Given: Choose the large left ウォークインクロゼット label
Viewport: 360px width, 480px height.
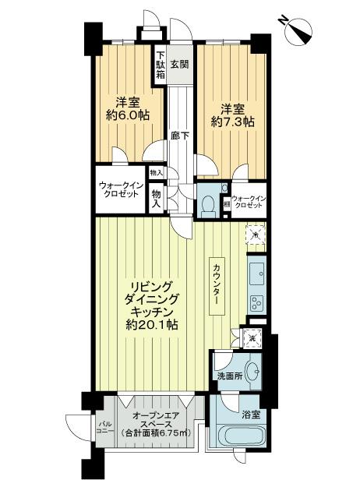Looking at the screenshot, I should pyautogui.click(x=119, y=189).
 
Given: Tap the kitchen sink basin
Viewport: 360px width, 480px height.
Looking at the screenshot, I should pyautogui.click(x=256, y=273).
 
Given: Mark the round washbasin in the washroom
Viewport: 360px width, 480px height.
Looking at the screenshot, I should pyautogui.click(x=254, y=369).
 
